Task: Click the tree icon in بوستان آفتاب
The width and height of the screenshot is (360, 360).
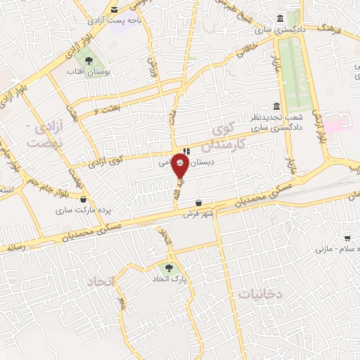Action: pos(87,60)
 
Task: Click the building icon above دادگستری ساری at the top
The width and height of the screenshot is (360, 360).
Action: pos(281,18)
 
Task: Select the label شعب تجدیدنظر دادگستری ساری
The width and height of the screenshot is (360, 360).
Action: pos(276,121)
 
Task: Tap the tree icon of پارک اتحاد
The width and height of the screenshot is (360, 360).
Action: pos(167,267)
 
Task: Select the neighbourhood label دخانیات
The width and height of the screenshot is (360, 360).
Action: pos(260,295)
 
